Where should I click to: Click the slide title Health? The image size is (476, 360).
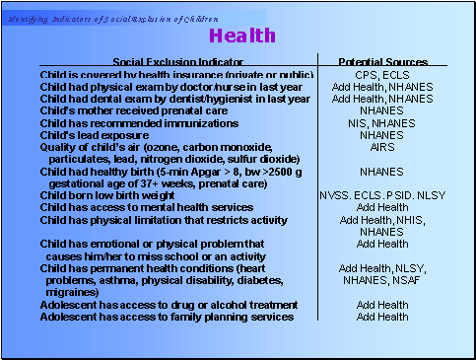pos(241,36)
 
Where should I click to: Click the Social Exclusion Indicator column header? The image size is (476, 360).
pos(177,60)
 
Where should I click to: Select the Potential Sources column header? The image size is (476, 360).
pos(381,60)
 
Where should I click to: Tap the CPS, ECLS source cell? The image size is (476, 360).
pos(381,75)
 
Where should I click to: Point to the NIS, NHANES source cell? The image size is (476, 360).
pos(381,123)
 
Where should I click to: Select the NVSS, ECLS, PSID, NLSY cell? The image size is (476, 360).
pos(381,195)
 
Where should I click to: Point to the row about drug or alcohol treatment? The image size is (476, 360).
pos(169,305)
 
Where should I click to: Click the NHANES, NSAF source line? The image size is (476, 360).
pos(381,280)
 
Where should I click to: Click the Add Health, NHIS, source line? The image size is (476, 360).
pos(381,219)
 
